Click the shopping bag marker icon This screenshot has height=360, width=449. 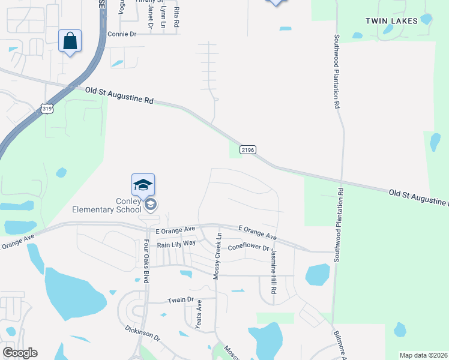coord(70,41)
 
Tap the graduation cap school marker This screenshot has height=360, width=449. coord(143,185)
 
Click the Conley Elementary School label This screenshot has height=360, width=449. coord(107,205)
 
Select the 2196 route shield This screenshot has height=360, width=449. coord(248,149)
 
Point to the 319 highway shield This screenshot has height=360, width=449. coord(47,109)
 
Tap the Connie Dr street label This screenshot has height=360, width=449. coord(122,34)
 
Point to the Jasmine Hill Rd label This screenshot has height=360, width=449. coord(273,271)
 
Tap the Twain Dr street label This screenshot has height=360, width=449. coord(181,299)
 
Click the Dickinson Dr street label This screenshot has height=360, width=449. coord(143,333)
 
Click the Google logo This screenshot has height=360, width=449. coord(20,353)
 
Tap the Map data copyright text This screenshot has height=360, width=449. coord(423,355)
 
